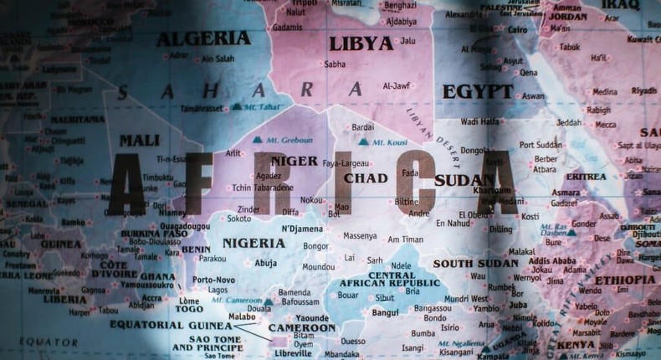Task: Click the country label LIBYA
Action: coord(361,44)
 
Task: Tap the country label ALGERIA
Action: coord(203,39)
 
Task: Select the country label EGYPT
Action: coord(478,91)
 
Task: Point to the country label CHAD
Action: coord(366,177)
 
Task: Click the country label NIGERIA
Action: coord(254,243)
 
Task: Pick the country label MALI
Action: coord(139,140)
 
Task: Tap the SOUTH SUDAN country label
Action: coord(476,263)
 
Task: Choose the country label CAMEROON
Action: coord(302,328)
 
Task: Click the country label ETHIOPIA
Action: coord(625,280)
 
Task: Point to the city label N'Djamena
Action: coord(302,229)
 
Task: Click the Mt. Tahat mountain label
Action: coord(260,106)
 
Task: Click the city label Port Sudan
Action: coord(541,144)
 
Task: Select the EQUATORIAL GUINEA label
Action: coord(171,325)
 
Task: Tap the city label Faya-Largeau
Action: coord(345,162)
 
